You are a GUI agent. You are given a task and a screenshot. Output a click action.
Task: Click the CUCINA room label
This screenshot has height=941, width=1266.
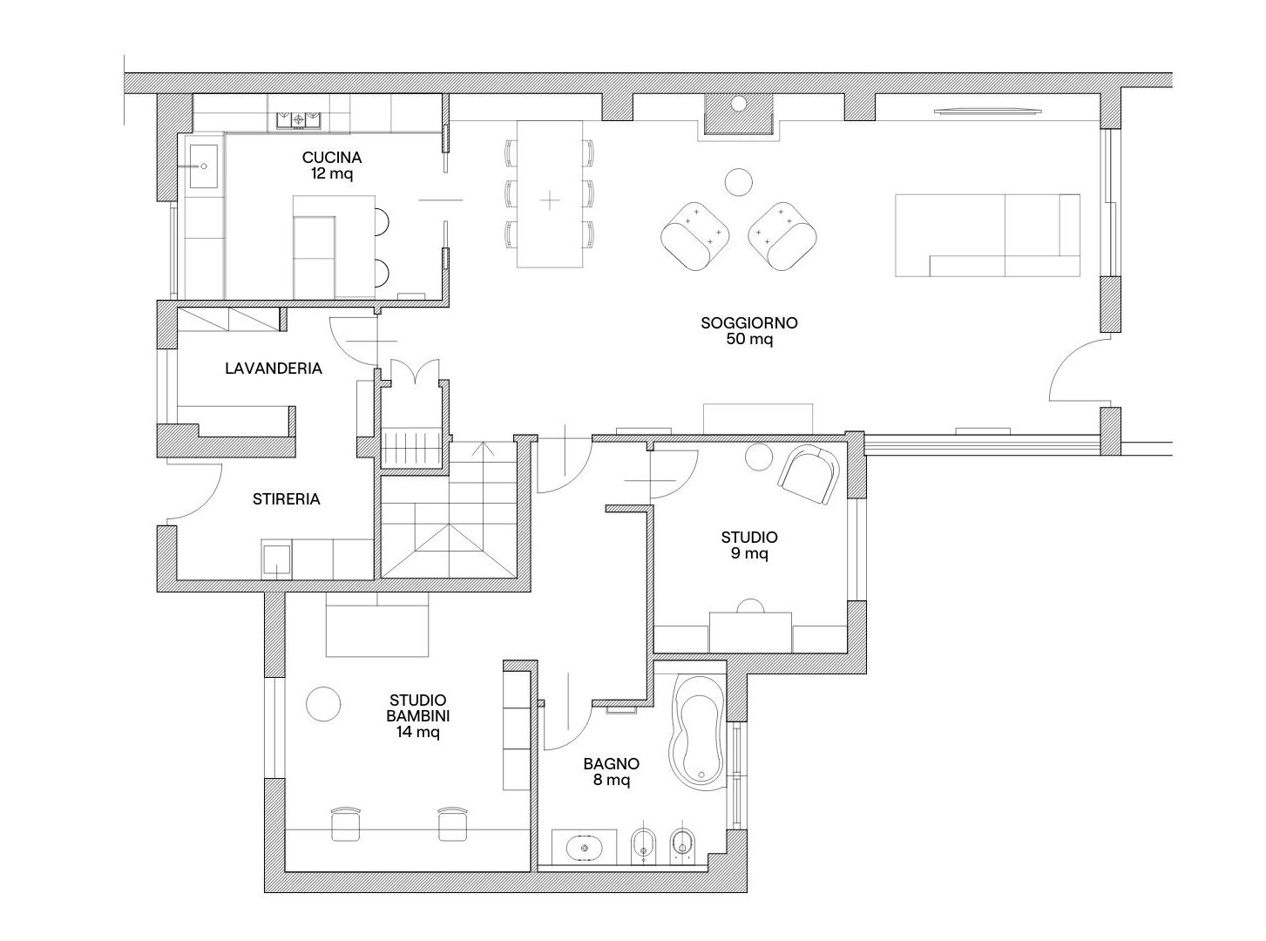332,157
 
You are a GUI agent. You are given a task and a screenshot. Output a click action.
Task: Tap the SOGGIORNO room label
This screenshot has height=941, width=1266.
748,322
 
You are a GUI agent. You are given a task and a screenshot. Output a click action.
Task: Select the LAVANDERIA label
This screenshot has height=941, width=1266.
274,369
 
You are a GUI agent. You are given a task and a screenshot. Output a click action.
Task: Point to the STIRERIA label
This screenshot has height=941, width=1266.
286,499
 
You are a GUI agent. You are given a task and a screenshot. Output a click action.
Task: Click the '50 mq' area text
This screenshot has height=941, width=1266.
749,339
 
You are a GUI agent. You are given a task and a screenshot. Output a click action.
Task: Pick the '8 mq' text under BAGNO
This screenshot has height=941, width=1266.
612,780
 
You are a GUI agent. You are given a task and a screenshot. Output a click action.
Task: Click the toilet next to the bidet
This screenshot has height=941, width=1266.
681,850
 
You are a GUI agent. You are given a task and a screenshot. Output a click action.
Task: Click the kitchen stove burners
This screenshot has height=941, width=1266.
298,120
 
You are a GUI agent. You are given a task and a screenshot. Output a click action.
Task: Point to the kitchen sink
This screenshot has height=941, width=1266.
203,166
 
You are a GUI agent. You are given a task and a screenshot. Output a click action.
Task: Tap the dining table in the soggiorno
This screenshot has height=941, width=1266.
550,193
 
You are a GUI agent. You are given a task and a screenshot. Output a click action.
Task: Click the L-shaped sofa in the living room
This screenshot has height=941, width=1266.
987,235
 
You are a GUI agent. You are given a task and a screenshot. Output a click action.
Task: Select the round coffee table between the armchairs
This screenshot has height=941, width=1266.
739,182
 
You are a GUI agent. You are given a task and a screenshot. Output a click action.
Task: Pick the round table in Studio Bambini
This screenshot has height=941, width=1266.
323,703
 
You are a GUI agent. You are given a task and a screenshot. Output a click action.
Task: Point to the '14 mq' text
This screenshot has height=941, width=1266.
418,731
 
